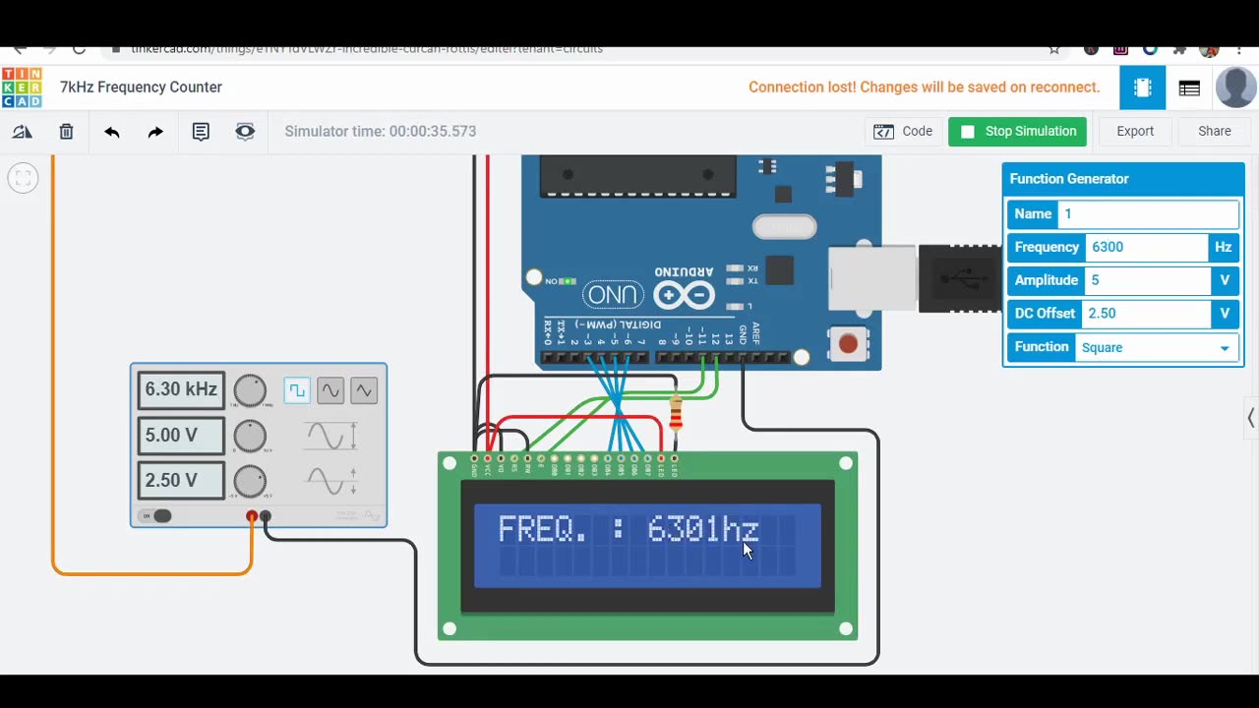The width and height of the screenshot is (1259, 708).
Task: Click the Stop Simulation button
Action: (x=1017, y=132)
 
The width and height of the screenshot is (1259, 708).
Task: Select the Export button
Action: (x=1134, y=132)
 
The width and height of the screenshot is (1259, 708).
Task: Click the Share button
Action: (x=1214, y=132)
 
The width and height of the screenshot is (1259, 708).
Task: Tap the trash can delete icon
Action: (x=66, y=132)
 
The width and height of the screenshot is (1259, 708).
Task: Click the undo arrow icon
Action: (x=111, y=132)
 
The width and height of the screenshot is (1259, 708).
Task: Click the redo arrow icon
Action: (x=155, y=132)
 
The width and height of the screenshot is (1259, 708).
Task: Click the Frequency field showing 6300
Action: (x=1146, y=248)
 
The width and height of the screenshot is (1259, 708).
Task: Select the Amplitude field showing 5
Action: (x=1146, y=280)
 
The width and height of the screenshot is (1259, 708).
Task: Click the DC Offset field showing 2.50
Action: (x=1146, y=314)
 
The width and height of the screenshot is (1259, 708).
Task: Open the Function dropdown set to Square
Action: (x=1156, y=347)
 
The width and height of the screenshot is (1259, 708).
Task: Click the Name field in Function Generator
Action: (x=1147, y=214)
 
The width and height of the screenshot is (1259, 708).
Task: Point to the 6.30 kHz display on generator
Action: (x=181, y=390)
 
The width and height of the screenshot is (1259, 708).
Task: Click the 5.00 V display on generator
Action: (x=181, y=436)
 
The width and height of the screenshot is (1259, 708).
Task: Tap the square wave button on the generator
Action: (x=296, y=390)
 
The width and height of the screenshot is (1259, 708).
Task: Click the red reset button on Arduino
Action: (x=848, y=344)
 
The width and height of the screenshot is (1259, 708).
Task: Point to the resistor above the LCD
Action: (x=676, y=414)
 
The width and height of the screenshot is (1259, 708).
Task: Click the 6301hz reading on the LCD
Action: (x=702, y=530)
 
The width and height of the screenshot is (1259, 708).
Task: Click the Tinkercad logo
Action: (x=22, y=88)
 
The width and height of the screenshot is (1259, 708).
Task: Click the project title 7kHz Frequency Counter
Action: (x=141, y=88)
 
